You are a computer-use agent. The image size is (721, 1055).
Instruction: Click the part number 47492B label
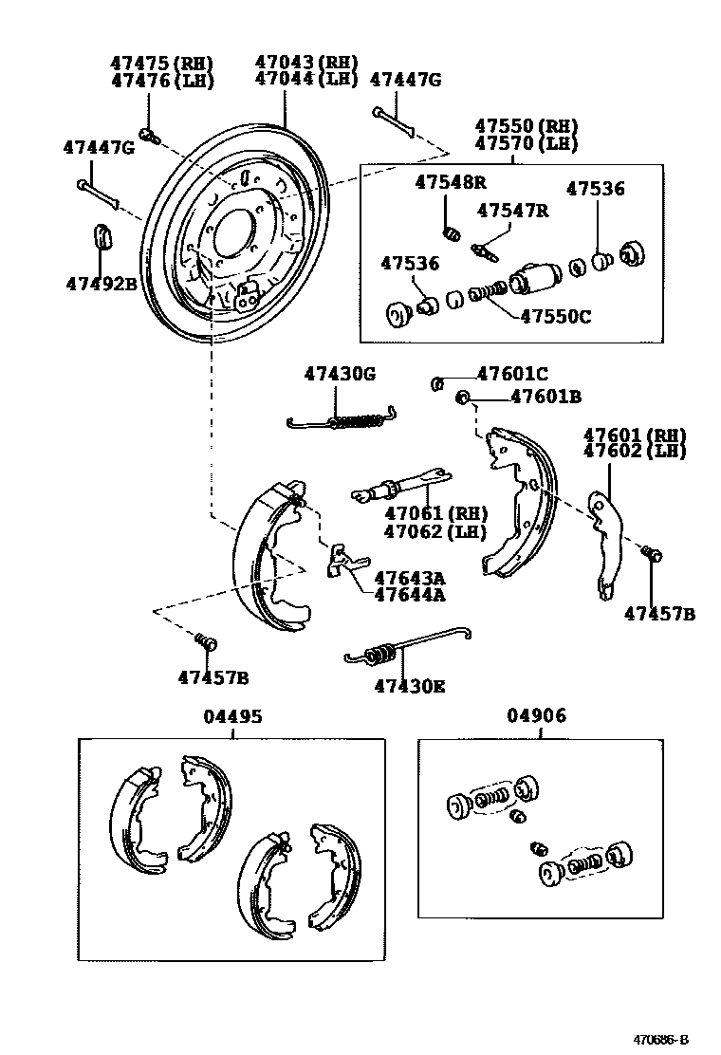102,283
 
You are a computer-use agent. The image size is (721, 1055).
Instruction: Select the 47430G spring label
340,374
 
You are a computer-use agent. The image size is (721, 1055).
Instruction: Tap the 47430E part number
409,685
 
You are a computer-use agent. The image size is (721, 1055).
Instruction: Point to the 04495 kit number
231,717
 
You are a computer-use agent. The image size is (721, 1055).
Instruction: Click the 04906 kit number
537,716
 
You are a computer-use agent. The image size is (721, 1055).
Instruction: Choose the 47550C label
555,316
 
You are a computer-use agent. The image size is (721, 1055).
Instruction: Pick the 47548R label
450,182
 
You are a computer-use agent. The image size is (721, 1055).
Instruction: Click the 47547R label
512,211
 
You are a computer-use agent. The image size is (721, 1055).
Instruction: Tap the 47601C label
512,375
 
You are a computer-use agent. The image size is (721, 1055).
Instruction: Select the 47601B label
545,397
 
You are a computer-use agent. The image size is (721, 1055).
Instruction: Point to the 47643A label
409,578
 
